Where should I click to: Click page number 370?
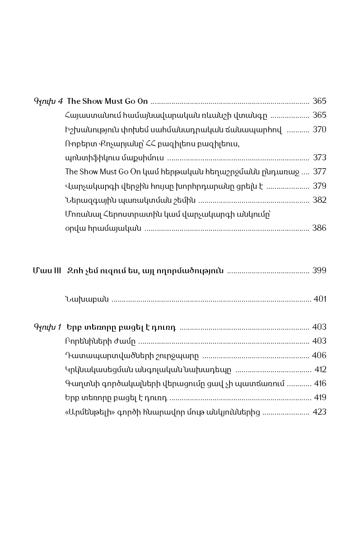pos(319,130)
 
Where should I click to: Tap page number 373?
pos(319,158)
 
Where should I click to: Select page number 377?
pos(319,172)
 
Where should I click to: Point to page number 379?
pos(319,186)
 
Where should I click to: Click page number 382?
pos(319,200)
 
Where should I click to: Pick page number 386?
pos(319,228)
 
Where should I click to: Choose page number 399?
pos(319,271)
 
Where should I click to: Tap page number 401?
pos(319,299)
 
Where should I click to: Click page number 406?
pos(319,355)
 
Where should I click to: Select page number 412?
pos(320,369)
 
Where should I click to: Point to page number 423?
pos(319,412)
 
